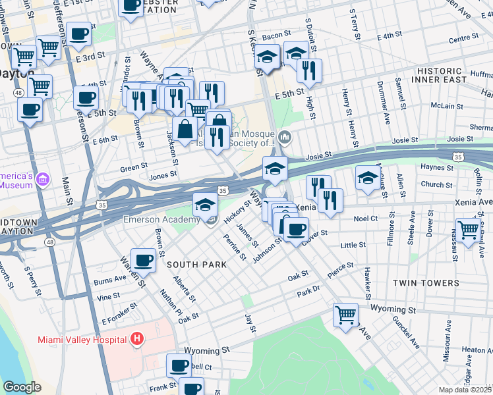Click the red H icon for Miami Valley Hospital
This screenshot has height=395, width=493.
coord(137,339)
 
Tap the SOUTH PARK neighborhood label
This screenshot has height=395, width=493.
coord(196,265)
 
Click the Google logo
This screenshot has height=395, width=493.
coord(22,387)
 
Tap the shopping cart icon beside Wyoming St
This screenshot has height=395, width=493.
coord(345,315)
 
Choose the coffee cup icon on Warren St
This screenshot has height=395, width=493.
coord(143,260)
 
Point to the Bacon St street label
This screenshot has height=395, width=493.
coord(276,35)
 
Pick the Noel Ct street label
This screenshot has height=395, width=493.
coord(365,218)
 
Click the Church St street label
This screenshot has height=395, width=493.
coord(436,185)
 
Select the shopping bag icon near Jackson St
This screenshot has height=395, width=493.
coord(185,127)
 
